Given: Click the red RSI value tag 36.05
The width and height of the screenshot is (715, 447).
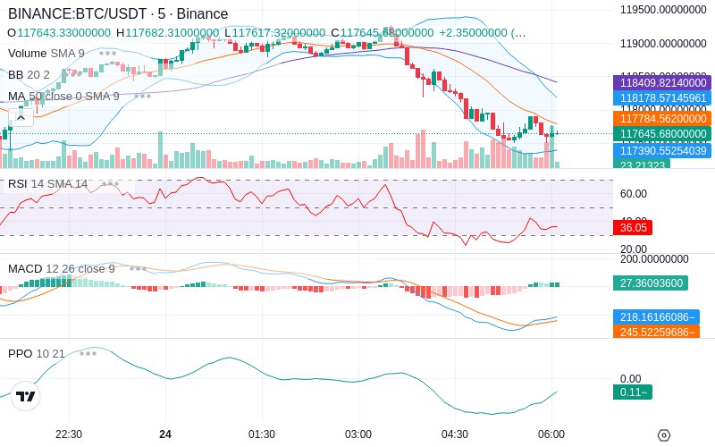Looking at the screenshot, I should coord(635,228).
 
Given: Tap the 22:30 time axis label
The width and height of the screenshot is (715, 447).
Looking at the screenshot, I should coord(69,434).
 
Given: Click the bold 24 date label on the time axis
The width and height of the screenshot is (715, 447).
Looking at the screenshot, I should coord(165,434).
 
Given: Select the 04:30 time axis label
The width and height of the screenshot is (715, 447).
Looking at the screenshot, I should coord(455,434).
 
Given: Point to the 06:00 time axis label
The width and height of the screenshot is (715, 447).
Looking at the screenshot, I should coord(551,434).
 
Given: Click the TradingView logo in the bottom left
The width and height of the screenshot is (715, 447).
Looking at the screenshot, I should coord(26,396).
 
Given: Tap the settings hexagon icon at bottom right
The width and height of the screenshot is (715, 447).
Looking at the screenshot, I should coord(663,435).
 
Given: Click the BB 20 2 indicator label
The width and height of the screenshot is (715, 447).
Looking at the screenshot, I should coord(29,74).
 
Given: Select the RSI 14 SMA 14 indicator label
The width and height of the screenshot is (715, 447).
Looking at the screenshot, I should coord(47,184).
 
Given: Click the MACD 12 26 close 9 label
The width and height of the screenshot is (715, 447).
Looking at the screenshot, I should coord(61,268).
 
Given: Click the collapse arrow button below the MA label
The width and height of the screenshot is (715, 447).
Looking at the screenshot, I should coord(21,116).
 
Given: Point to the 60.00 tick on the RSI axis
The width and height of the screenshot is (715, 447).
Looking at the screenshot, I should coord(634,193).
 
